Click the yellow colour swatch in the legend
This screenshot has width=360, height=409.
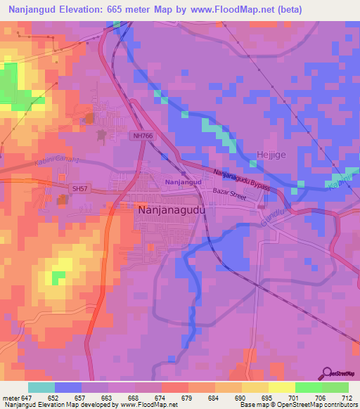point(281,387)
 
